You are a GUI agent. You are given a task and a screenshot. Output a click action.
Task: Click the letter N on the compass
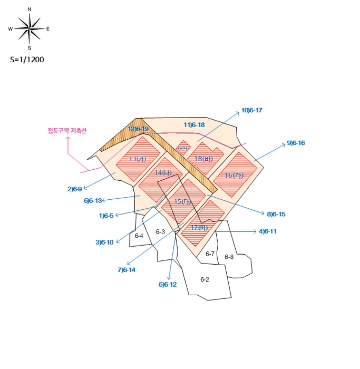click(x=30, y=9)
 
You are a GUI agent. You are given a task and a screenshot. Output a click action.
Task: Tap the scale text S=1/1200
click(x=27, y=60)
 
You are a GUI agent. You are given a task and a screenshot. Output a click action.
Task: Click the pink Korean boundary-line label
click(x=67, y=130)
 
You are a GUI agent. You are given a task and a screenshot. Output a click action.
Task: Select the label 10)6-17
click(x=252, y=110)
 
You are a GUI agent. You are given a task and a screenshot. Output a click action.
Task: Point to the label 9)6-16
click(x=296, y=143)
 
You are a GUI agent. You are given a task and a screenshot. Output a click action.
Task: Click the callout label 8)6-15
click(x=276, y=214)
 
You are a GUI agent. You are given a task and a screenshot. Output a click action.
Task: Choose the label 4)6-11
click(x=267, y=231)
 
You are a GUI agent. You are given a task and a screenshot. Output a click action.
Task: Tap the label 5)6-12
click(x=168, y=284)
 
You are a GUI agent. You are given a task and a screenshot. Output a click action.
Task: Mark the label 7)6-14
click(x=127, y=270)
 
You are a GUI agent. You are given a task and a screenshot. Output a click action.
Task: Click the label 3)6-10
click(x=104, y=242)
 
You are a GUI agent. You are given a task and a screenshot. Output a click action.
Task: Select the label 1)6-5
click(x=106, y=215)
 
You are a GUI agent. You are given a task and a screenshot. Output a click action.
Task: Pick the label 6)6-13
click(x=93, y=200)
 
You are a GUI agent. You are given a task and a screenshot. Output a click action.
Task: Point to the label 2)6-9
click(x=74, y=189)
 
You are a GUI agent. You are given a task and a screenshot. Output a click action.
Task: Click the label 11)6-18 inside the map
click(x=194, y=125)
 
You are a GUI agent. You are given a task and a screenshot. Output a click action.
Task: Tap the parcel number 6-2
click(x=205, y=279)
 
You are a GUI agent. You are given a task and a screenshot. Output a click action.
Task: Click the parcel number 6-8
click(x=229, y=257)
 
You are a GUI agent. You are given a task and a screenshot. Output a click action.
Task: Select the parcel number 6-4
click(x=139, y=236)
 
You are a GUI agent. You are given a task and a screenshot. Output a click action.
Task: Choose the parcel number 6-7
click(x=210, y=254)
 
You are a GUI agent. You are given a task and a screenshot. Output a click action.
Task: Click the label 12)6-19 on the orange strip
click(x=138, y=129)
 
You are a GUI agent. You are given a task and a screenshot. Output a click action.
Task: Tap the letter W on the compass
click(x=11, y=29)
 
